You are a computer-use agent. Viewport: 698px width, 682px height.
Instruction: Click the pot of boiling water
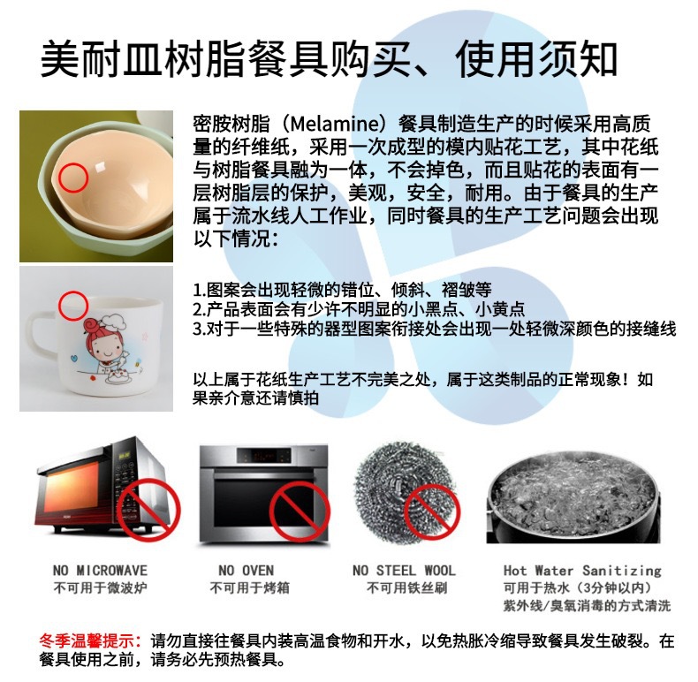pos(573,498)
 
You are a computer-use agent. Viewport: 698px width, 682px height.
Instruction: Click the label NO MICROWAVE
pos(100,571)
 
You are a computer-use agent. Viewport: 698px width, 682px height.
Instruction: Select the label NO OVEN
pos(247,571)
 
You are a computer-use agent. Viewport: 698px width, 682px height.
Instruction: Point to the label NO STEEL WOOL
pos(404,571)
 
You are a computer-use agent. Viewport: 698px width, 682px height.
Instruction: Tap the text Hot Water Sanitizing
pos(582,571)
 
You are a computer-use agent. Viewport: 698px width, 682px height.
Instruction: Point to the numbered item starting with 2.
pos(359,309)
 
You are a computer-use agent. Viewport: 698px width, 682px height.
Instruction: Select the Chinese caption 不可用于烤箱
pos(250,588)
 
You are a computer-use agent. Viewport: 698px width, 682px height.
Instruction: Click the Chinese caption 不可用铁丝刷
pos(406,588)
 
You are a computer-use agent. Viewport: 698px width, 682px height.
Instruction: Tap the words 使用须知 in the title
pos(536,59)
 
